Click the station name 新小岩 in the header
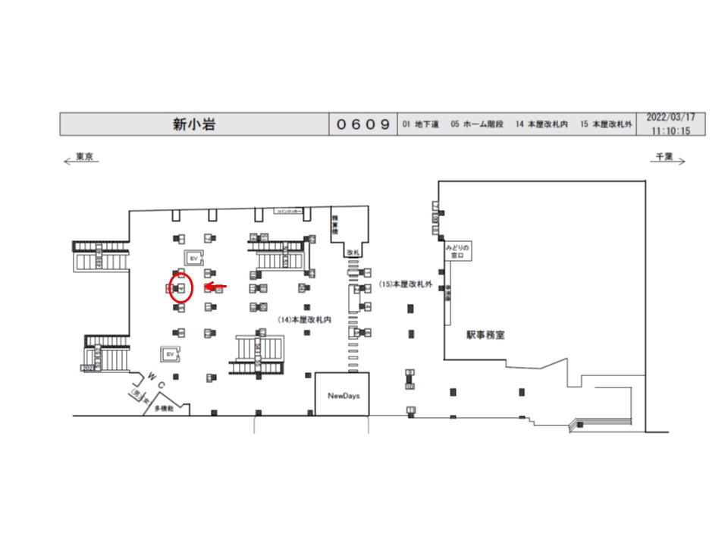pyautogui.click(x=194, y=124)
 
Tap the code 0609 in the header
pyautogui.click(x=363, y=124)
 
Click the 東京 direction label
pyautogui.click(x=84, y=157)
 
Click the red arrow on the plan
pyautogui.click(x=217, y=287)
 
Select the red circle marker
pyautogui.click(x=181, y=289)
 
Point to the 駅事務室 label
pyautogui.click(x=485, y=334)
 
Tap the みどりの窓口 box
pyautogui.click(x=457, y=252)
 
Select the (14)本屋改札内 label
pyautogui.click(x=306, y=320)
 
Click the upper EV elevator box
pyautogui.click(x=193, y=258)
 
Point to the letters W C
pyautogui.click(x=156, y=380)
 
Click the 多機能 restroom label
pyautogui.click(x=165, y=408)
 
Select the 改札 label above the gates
pyautogui.click(x=352, y=252)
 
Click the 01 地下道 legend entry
pyautogui.click(x=421, y=124)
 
